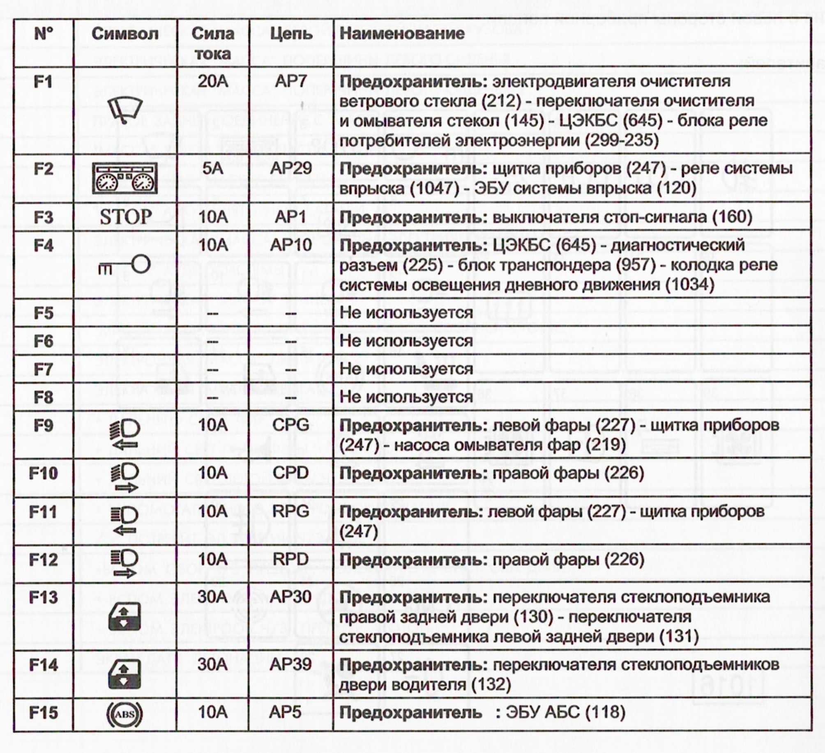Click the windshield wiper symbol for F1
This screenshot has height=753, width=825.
pos(125,110)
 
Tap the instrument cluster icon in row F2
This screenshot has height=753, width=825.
pos(125,178)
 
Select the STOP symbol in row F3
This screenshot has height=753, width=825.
pos(126,217)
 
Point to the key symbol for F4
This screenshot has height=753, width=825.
pos(125,265)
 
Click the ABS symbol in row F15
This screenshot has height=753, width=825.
pos(124,714)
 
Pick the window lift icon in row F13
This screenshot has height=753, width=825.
pos(124,616)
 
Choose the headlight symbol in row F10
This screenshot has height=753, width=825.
pos(125,478)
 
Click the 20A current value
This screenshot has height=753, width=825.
pos(212,81)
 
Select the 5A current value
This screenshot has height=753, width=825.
pos(212,168)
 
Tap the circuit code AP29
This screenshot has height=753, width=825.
pos(291,168)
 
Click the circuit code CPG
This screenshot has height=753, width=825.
pos(290,425)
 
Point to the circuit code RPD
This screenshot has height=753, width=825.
pos(290,559)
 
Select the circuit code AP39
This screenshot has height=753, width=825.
pos(290,664)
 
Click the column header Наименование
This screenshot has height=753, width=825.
pos(402,34)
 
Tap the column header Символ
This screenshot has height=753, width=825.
pos(125,34)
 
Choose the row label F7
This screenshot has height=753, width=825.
pos(44,369)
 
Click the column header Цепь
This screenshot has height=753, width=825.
pos(291,34)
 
